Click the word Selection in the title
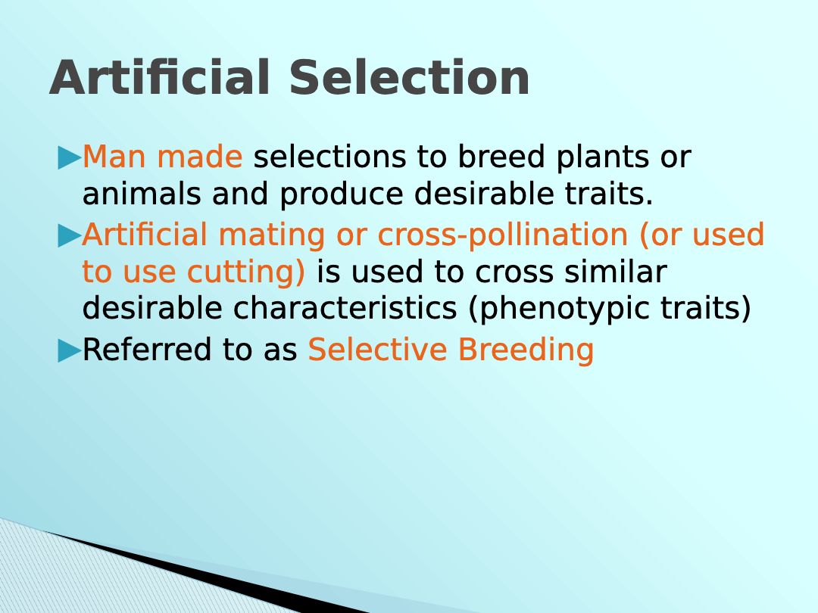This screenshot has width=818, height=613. point(410,77)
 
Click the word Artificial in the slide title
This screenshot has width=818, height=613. point(160,77)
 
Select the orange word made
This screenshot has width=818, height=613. point(200,157)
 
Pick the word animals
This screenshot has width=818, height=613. point(142,194)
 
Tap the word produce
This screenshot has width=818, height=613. point(341,195)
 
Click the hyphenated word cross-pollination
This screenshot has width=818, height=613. point(502,235)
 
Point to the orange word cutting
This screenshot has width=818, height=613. point(245,273)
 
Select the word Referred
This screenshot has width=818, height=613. point(147,349)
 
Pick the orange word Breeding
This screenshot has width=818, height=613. point(526,350)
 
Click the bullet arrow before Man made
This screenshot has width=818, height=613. point(70,158)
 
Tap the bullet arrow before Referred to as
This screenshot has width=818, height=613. point(70,351)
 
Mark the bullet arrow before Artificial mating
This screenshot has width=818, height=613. point(70,236)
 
